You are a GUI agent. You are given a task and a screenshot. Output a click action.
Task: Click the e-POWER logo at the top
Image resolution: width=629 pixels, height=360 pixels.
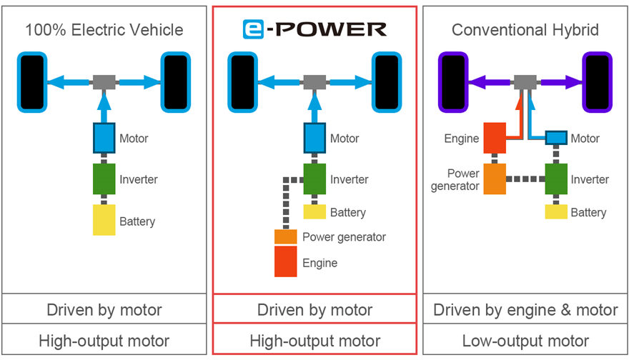pyautogui.click(x=314, y=30)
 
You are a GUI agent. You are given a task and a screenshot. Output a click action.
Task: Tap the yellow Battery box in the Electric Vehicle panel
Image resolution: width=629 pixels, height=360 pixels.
pyautogui.click(x=104, y=220)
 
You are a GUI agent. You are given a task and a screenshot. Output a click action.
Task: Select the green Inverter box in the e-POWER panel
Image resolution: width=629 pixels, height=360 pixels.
pyautogui.click(x=314, y=179)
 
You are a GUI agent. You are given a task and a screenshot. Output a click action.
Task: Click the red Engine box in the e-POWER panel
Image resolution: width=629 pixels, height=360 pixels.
pyautogui.click(x=286, y=261)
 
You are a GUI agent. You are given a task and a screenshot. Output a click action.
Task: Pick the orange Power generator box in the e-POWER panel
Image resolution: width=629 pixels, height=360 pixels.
pyautogui.click(x=286, y=236)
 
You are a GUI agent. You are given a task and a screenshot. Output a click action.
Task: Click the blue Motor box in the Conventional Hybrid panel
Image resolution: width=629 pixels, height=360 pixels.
pyautogui.click(x=556, y=138)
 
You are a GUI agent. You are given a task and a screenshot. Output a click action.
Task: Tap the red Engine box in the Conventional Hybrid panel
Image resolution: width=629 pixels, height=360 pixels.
pyautogui.click(x=495, y=138)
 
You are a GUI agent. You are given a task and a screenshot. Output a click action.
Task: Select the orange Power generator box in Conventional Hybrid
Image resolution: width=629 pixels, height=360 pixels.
pyautogui.click(x=495, y=179)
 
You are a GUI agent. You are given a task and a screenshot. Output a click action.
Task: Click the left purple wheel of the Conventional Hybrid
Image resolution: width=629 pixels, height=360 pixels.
pyautogui.click(x=453, y=82)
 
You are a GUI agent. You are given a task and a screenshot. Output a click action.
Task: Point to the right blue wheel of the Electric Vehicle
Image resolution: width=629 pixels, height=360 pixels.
pyautogui.click(x=176, y=82)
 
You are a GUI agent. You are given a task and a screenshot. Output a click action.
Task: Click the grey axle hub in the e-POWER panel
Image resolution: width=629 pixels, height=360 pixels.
pyautogui.click(x=314, y=81)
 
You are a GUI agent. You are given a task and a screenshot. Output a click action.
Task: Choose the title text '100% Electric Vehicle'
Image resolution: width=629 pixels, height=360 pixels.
pyautogui.click(x=104, y=30)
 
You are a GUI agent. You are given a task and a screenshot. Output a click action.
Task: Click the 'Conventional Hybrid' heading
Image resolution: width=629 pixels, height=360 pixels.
pyautogui.click(x=525, y=30)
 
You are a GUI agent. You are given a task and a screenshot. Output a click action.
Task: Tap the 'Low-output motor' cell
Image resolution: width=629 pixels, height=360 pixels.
pyautogui.click(x=525, y=341)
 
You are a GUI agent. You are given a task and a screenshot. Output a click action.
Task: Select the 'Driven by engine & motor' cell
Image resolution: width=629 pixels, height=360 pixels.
pyautogui.click(x=525, y=310)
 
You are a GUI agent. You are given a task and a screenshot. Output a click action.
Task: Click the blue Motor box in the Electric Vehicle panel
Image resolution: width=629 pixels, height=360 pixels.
pyautogui.click(x=104, y=138)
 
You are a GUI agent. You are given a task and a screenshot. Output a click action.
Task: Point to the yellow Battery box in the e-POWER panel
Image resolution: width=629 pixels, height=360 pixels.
pyautogui.click(x=314, y=211)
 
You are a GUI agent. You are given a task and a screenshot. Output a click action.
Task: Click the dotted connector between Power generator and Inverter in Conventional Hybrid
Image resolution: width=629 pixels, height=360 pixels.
pyautogui.click(x=525, y=179)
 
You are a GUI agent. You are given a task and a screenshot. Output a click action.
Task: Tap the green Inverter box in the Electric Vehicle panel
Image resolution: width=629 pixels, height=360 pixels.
pyautogui.click(x=104, y=179)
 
